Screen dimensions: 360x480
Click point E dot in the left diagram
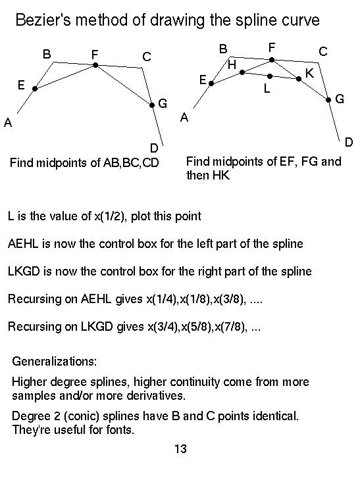35,89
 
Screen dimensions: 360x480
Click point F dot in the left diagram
95,65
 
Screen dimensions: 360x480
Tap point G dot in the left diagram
152,105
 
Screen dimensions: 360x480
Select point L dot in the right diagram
270,76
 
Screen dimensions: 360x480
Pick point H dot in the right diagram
242,72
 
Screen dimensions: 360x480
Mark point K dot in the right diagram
299,79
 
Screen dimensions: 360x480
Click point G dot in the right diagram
328,100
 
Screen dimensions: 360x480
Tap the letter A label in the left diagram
8,123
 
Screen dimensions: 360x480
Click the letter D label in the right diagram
349,142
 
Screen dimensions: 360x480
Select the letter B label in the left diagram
47,54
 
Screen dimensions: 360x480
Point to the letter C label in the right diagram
323,51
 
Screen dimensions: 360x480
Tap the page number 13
180,449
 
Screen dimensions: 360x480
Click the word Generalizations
54,362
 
